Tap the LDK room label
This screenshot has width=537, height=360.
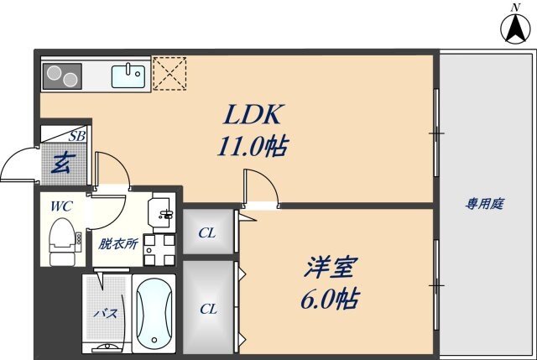click(253, 114)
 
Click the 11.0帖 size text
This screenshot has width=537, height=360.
click(253, 146)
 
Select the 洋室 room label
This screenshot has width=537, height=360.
click(331, 267)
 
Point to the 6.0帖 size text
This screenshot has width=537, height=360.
click(330, 299)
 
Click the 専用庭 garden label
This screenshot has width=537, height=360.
click(485, 204)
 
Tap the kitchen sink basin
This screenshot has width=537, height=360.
click(128, 76)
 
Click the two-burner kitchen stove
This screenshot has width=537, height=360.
click(62, 76)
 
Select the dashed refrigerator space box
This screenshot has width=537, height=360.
click(169, 74)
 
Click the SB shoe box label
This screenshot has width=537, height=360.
click(76, 136)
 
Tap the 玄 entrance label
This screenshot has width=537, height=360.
click(64, 163)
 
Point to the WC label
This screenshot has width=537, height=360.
click(61, 206)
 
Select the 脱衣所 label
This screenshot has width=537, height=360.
click(118, 244)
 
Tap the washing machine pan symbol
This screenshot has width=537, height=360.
click(159, 250)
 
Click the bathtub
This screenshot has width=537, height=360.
click(154, 313)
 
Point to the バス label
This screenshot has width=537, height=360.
click(107, 313)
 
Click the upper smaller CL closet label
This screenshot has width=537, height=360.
click(207, 233)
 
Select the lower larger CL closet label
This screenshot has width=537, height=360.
click(209, 310)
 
